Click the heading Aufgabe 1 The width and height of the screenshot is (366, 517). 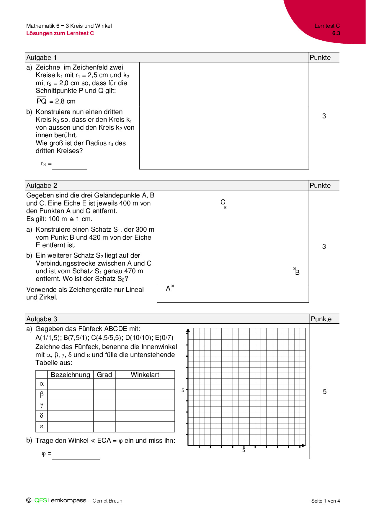(42, 57)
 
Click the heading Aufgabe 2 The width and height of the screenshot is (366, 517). (42, 185)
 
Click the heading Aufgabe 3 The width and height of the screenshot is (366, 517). (42, 319)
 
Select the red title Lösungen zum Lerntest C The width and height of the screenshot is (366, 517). (60, 33)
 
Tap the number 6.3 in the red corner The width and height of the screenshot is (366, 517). (336, 33)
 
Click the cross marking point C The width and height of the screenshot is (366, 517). (225, 208)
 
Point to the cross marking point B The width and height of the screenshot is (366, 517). (295, 269)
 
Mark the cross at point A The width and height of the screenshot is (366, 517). (173, 286)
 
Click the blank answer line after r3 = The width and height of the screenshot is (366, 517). (70, 167)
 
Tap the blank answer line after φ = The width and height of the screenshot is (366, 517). (76, 456)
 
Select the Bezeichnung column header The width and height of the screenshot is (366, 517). (70, 375)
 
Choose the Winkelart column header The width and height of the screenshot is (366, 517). (145, 375)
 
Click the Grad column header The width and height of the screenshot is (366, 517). (104, 375)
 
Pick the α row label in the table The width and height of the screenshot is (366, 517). (42, 384)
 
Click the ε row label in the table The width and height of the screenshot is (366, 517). (42, 426)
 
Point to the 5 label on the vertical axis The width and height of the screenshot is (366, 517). (183, 390)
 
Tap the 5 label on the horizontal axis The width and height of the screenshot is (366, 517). (244, 450)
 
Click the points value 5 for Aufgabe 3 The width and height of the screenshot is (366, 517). (325, 391)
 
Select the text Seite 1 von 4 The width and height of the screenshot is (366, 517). (326, 501)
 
